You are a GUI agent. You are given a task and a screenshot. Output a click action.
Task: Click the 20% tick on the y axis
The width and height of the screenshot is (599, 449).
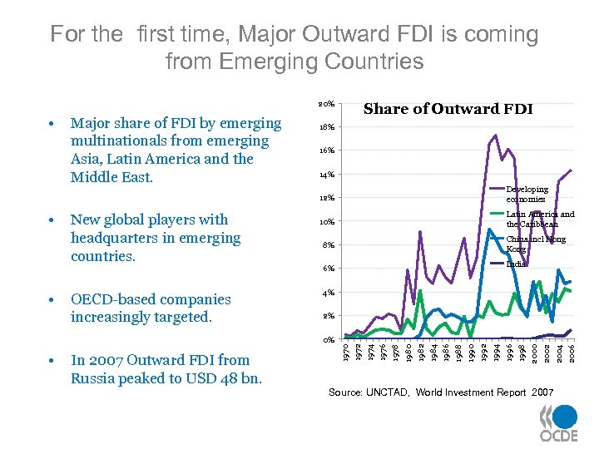coord(326,104)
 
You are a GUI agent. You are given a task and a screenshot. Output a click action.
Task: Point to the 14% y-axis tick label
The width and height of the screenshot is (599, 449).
coord(326,175)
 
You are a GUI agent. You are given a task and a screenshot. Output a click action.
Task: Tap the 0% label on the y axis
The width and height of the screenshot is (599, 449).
coord(328,340)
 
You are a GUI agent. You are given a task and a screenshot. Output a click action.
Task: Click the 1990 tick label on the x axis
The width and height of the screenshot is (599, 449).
coord(471,353)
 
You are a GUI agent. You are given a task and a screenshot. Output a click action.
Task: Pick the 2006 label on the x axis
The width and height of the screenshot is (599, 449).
coord(571,353)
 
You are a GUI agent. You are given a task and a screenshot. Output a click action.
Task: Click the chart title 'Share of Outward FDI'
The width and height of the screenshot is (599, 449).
coord(448,109)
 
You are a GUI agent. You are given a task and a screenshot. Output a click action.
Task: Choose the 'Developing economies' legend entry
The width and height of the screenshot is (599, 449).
coord(527,195)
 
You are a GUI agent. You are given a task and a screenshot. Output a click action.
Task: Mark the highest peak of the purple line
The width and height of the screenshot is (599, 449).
coord(496,135)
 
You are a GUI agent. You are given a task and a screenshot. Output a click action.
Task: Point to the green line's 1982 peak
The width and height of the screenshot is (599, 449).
coord(421,290)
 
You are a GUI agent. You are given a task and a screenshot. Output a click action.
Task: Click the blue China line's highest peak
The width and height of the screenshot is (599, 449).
coord(490,229)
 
